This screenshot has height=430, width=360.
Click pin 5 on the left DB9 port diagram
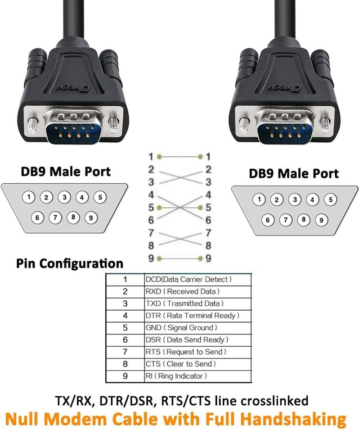(x=101, y=197)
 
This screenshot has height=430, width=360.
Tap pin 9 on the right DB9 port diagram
(x=321, y=220)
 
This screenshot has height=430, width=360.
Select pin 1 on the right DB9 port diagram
(x=259, y=200)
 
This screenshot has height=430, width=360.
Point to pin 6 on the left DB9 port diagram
(x=38, y=218)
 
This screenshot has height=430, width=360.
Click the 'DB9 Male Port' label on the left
(x=66, y=171)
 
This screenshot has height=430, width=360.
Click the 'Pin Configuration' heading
(x=70, y=263)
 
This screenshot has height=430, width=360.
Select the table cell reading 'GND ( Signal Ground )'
(x=181, y=328)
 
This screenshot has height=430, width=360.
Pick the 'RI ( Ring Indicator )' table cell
(x=176, y=376)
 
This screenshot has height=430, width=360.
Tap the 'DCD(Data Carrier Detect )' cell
(x=189, y=280)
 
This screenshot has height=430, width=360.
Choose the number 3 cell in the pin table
(x=125, y=303)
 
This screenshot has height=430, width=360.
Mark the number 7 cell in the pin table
(x=125, y=352)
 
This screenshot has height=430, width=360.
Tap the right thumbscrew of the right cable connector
(x=324, y=121)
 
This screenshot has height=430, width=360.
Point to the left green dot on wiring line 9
(x=159, y=258)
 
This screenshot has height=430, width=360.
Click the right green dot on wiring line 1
(x=200, y=157)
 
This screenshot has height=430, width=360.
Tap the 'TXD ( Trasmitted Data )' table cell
(x=184, y=303)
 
